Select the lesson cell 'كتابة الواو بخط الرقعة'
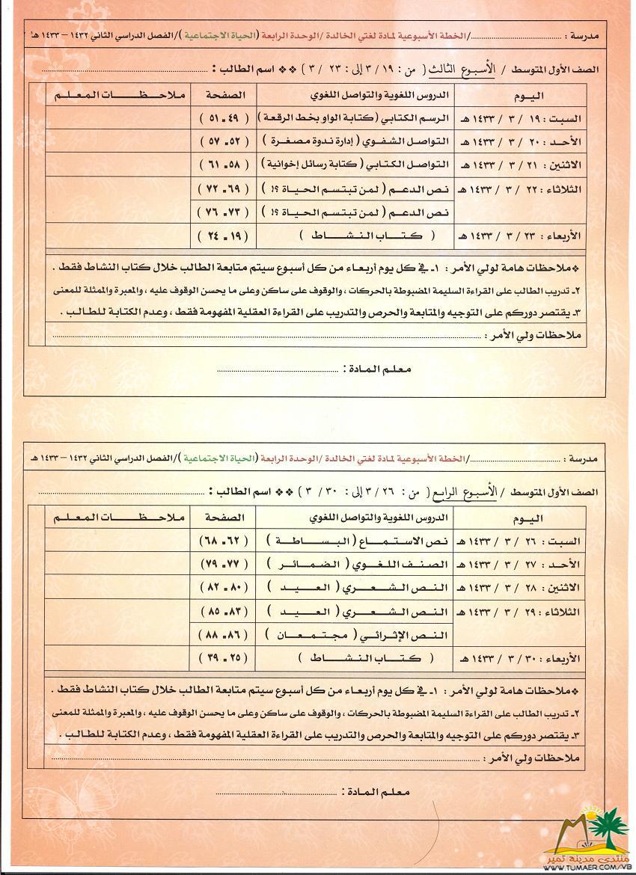[x=355, y=118]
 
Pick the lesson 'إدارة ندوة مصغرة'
[x=355, y=141]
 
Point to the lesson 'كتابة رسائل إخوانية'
[x=355, y=164]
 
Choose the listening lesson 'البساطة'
[x=355, y=539]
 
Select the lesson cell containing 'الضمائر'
[x=355, y=562]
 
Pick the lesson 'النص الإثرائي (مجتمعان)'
[x=355, y=635]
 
